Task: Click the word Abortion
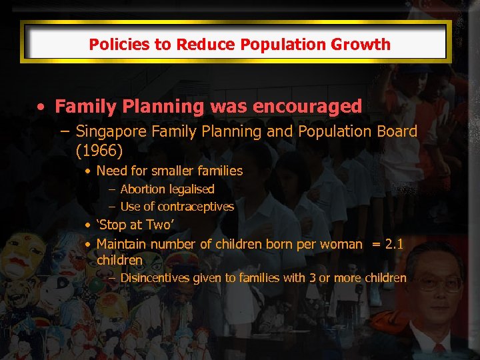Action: [x=142, y=189]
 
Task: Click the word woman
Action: [x=341, y=244]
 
